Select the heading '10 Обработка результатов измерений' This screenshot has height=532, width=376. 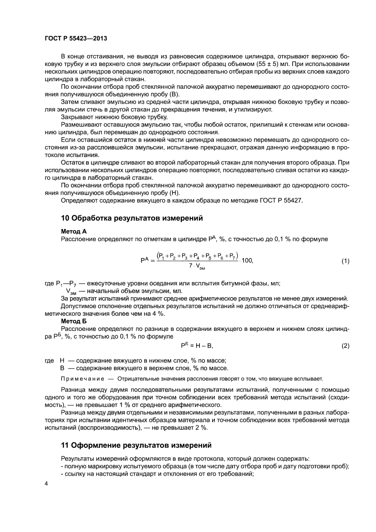pyautogui.click(x=132, y=218)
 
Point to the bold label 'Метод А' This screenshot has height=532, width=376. pyautogui.click(x=74, y=231)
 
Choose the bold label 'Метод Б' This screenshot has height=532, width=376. pyautogui.click(x=74, y=321)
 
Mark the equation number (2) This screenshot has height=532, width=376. pyautogui.click(x=345, y=346)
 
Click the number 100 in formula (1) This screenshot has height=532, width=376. pyautogui.click(x=247, y=260)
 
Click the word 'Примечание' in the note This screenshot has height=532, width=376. pyautogui.click(x=80, y=379)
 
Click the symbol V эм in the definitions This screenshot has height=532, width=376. pyautogui.click(x=72, y=291)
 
